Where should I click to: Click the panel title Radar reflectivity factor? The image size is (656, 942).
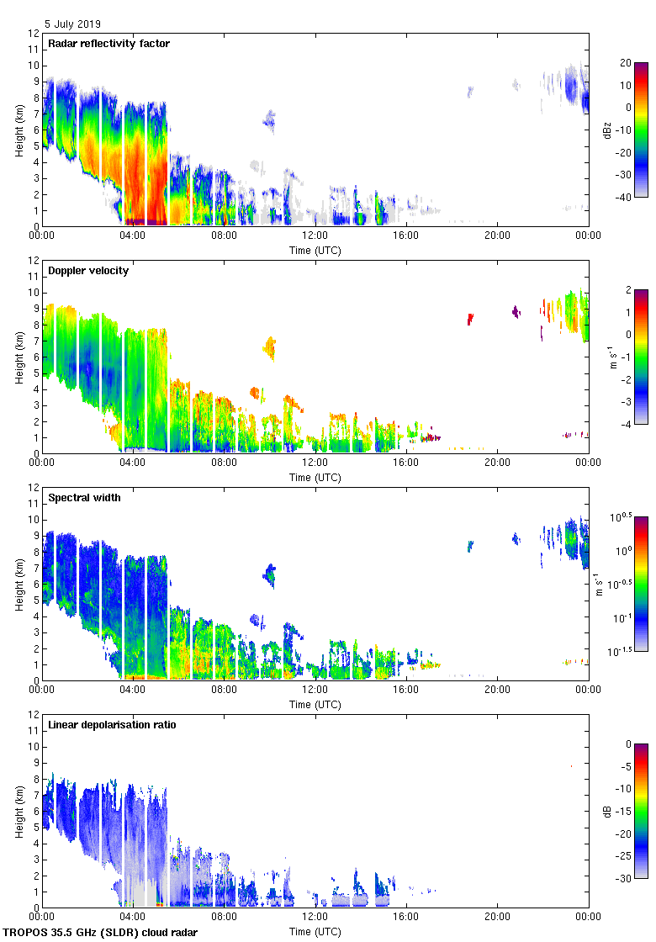109,44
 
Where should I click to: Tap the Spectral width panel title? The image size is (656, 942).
84,498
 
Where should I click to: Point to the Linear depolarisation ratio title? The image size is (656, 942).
112,725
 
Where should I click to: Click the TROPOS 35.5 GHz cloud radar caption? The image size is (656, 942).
101,933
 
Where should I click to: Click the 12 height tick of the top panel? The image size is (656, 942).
34,34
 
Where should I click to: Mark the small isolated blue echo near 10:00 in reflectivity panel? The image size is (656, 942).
269,120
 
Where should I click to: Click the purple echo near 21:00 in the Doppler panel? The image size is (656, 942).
516,311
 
